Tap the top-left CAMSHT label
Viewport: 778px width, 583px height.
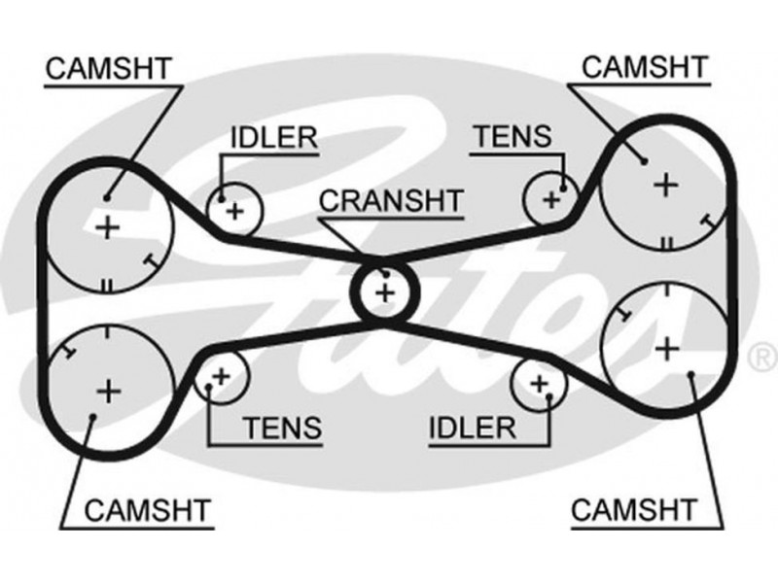pyautogui.click(x=108, y=68)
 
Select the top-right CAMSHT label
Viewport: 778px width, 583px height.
pyautogui.click(x=643, y=67)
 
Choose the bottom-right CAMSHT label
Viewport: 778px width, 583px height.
pyautogui.click(x=634, y=508)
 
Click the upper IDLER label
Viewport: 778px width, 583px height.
pyautogui.click(x=273, y=138)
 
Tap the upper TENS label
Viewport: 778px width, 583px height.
pyautogui.click(x=511, y=138)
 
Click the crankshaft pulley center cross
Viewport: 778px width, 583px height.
pyautogui.click(x=386, y=291)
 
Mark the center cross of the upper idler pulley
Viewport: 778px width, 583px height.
pyautogui.click(x=233, y=209)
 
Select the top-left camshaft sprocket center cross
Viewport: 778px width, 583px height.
pyautogui.click(x=108, y=227)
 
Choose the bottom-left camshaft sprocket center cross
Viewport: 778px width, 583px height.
pyautogui.click(x=108, y=391)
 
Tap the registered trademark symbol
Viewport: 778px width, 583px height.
pyautogui.click(x=758, y=356)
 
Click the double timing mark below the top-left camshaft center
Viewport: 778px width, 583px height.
pyautogui.click(x=106, y=285)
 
